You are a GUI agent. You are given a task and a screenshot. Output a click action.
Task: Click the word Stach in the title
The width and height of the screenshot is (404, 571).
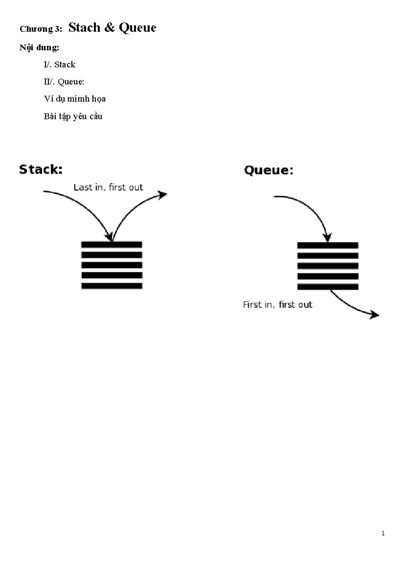click(84, 28)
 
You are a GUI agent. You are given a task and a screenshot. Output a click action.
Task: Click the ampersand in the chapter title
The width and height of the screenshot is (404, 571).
click(109, 28)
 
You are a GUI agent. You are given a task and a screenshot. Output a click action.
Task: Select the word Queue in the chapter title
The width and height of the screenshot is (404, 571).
click(137, 28)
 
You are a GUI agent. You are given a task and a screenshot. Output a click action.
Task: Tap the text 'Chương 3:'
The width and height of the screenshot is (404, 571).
click(41, 29)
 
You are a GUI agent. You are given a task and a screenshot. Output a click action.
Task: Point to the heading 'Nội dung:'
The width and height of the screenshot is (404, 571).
click(39, 47)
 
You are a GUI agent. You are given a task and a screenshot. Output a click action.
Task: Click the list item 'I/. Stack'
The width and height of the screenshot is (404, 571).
click(60, 65)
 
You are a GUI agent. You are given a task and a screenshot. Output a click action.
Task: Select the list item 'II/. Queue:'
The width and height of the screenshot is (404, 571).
click(64, 82)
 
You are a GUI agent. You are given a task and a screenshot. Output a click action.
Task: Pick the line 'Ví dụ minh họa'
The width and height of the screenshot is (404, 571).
click(74, 99)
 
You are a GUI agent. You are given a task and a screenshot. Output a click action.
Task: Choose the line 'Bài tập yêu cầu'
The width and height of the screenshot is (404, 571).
click(73, 116)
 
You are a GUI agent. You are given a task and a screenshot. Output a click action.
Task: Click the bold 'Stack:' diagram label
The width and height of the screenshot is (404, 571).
click(41, 169)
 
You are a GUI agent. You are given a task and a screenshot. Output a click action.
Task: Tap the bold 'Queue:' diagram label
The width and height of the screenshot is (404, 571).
click(269, 170)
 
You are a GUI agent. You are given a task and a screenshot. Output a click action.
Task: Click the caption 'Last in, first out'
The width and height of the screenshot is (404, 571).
click(108, 187)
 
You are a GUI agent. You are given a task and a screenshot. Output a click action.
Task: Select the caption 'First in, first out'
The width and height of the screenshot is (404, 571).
click(277, 305)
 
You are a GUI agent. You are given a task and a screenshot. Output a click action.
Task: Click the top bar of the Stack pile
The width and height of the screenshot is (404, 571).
click(112, 244)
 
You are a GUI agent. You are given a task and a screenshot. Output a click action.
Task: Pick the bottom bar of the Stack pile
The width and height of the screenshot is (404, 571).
click(112, 286)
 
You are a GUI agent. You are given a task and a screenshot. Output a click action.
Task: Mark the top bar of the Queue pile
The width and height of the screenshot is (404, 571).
click(328, 245)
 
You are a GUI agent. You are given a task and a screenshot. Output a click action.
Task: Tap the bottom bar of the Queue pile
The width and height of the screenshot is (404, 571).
click(328, 287)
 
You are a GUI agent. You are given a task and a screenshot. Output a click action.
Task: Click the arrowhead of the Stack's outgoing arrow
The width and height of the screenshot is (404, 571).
click(163, 194)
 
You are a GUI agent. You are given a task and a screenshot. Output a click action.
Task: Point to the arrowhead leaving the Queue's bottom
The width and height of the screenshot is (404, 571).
click(375, 315)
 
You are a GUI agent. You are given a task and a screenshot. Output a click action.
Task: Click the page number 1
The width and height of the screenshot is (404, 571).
click(383, 533)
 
